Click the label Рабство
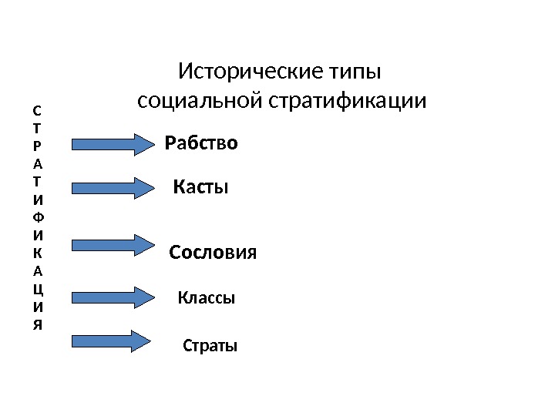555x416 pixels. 202,144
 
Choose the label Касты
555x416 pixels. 200,186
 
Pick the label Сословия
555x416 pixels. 212,253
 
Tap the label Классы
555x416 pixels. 206,297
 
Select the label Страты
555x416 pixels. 210,346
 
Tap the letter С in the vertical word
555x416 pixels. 39,110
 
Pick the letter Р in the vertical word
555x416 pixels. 39,146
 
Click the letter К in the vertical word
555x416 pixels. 39,252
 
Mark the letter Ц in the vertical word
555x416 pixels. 39,288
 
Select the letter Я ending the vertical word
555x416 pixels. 39,324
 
